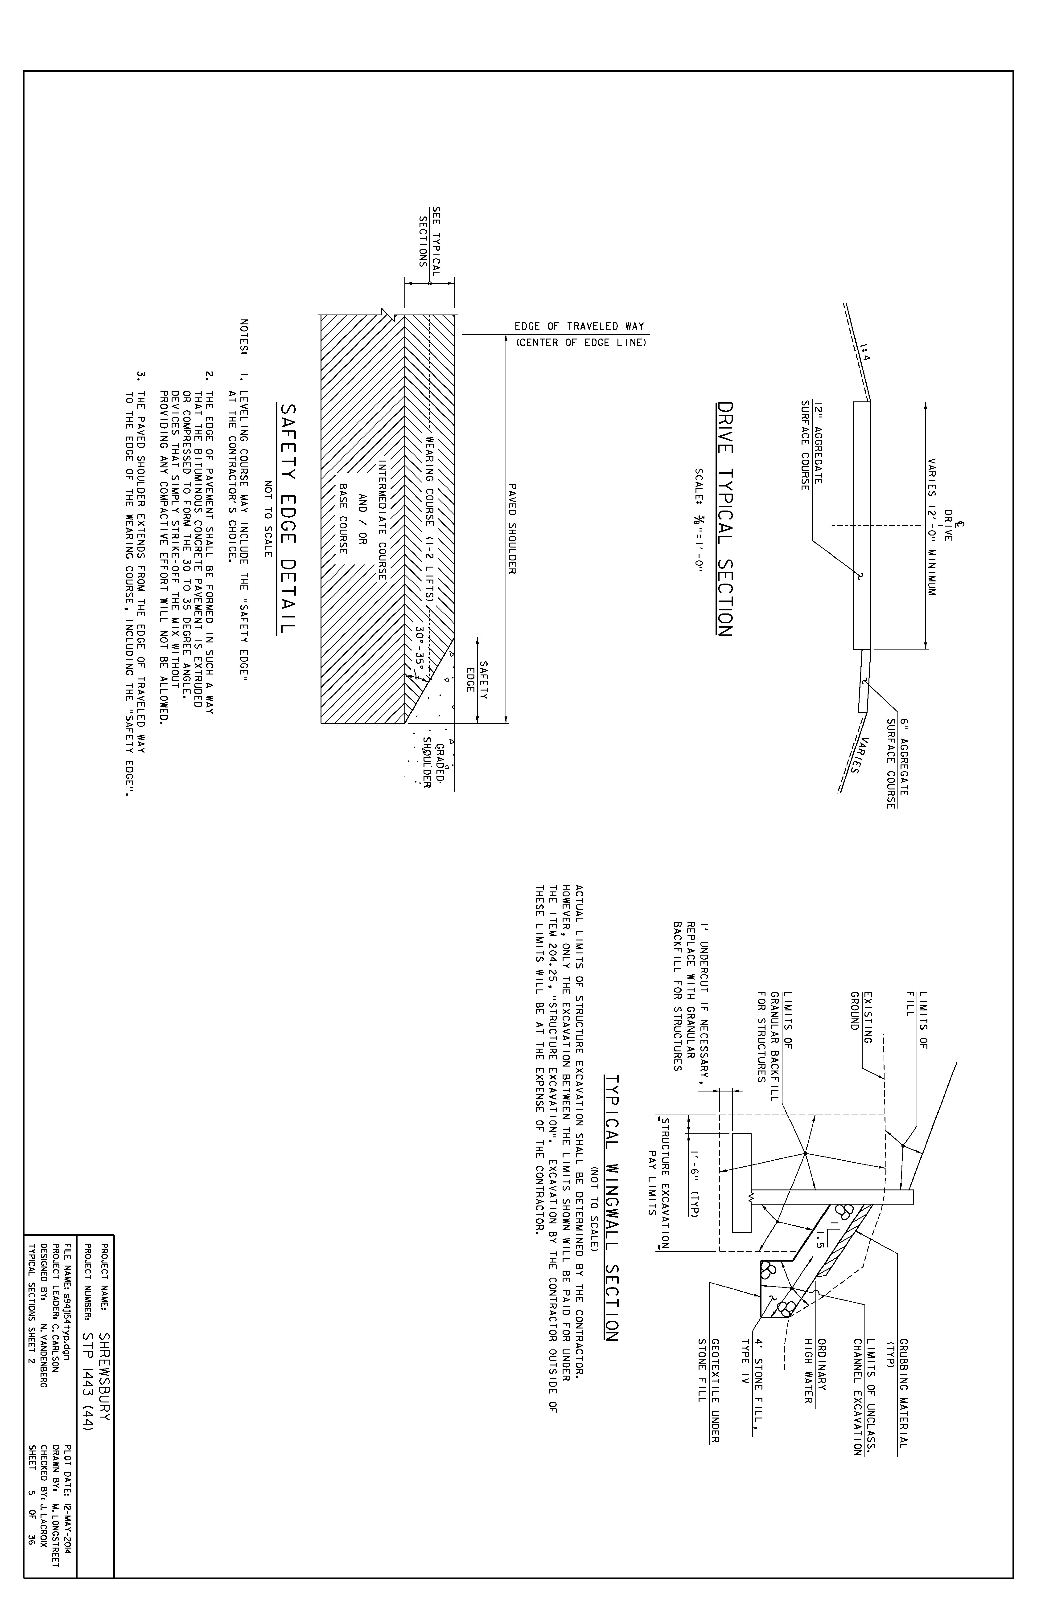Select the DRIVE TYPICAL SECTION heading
724,520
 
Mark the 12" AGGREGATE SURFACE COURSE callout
811,445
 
